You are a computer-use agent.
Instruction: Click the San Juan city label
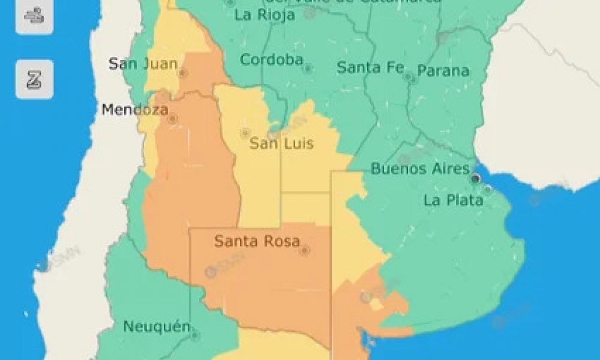[143, 64]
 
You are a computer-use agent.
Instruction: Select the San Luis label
[281, 144]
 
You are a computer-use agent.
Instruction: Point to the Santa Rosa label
[256, 242]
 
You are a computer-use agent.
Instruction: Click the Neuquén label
[157, 327]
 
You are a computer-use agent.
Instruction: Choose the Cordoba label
[271, 60]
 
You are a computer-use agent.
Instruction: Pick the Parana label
[443, 71]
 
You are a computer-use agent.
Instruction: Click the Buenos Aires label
[419, 169]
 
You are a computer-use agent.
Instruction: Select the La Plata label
[453, 200]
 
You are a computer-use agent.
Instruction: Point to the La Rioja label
[265, 15]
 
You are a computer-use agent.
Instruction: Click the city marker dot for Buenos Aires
[476, 179]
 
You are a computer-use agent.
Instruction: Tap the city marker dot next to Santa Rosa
[304, 250]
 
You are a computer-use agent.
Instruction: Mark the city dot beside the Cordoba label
[307, 68]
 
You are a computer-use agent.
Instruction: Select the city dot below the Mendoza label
[173, 119]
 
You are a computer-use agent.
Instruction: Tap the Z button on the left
[34, 79]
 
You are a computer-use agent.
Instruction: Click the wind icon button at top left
[34, 16]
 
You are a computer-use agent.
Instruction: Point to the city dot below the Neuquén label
[194, 335]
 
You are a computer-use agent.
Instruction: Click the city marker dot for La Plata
[488, 190]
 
